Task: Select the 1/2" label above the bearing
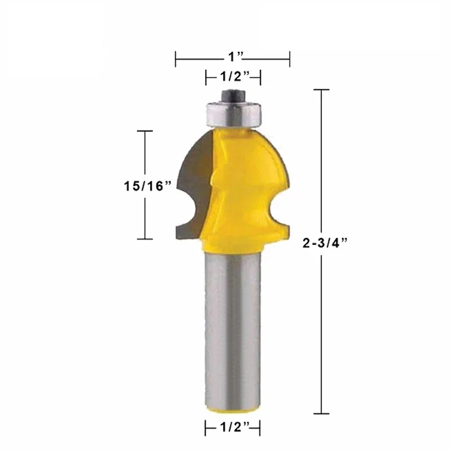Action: (x=232, y=76)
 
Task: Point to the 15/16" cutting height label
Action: (x=148, y=186)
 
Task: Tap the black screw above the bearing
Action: (x=232, y=93)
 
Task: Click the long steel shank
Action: (x=232, y=332)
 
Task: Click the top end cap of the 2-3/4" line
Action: (x=321, y=90)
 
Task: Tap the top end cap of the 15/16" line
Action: (x=145, y=131)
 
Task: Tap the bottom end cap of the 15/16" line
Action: (x=145, y=238)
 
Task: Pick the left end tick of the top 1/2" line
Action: (x=206, y=76)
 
